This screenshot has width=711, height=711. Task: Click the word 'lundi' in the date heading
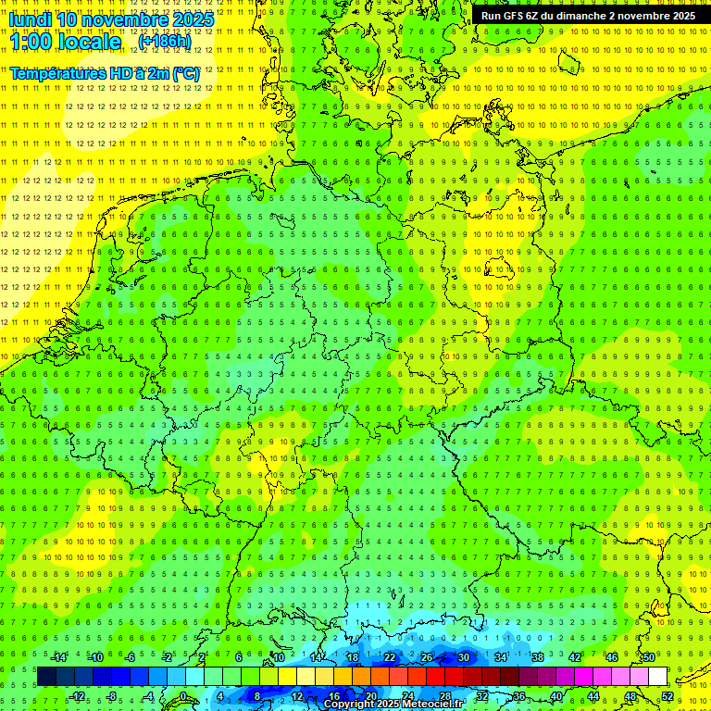pos(31,19)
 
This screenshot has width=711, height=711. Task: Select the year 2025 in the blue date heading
pos(193,19)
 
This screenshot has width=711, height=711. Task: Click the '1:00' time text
pos(31,42)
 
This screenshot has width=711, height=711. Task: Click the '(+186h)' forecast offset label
pos(164,42)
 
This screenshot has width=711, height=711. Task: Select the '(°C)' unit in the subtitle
pos(185,73)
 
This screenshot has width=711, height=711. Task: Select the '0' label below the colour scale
pos(183,696)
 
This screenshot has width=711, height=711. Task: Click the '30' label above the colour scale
pos(463,657)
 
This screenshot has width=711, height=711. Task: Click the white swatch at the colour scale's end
pos(657,677)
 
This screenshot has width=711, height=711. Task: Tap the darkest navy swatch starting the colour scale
pos(45,677)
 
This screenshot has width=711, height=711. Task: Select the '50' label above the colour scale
pos(649,657)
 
